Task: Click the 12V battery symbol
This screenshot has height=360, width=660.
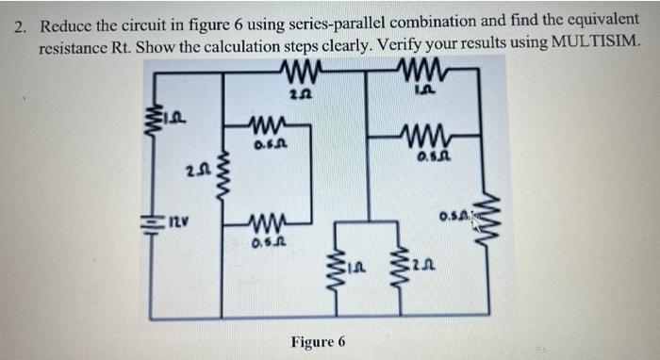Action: point(148,224)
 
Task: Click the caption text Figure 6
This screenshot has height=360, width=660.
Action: point(318,340)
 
